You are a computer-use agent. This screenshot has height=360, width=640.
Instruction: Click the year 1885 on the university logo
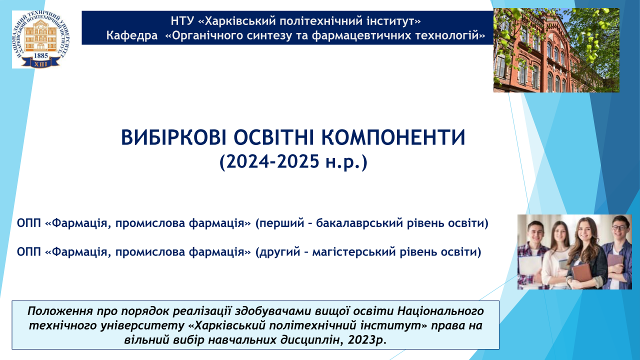point(41,55)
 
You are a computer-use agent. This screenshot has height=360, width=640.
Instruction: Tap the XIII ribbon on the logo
point(41,63)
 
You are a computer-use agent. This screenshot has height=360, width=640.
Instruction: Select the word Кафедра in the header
point(132,35)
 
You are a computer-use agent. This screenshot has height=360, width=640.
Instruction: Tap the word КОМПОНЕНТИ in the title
point(393,137)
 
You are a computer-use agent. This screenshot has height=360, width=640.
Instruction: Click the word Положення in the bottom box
point(60,311)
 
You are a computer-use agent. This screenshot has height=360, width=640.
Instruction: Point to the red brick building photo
point(556,50)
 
